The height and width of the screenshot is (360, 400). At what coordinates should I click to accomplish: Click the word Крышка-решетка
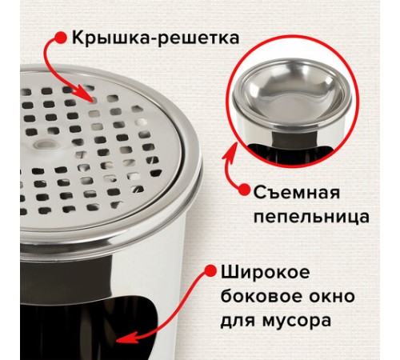point(155,38)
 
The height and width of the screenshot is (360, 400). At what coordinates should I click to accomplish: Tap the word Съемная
point(296,193)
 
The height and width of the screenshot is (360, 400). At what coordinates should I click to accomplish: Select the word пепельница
point(311,217)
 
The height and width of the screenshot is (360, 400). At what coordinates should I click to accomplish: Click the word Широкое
point(265,273)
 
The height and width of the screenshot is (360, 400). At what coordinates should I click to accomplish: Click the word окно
point(334,297)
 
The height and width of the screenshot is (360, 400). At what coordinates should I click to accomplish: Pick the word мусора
point(297,321)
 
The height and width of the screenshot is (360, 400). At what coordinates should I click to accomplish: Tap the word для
point(238,321)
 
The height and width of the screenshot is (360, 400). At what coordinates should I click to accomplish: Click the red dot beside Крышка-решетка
point(61,38)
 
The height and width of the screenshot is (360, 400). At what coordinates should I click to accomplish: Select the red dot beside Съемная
point(244,190)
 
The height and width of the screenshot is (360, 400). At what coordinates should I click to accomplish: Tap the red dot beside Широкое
point(210,271)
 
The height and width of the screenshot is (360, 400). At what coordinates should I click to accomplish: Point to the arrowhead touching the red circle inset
point(231,151)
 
